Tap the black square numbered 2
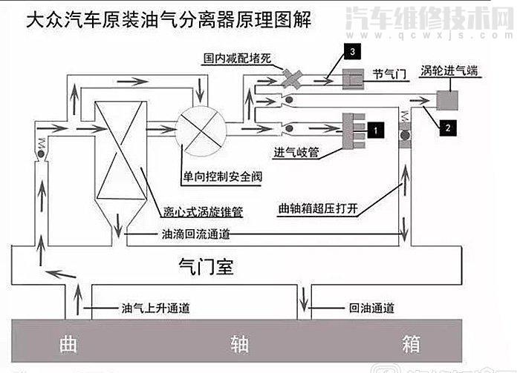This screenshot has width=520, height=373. point(447,128)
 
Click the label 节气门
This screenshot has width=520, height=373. point(389,75)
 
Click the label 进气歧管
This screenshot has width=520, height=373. point(296,153)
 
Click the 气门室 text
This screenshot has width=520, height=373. point(207,267)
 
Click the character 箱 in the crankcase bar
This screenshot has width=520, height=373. point(411,345)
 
